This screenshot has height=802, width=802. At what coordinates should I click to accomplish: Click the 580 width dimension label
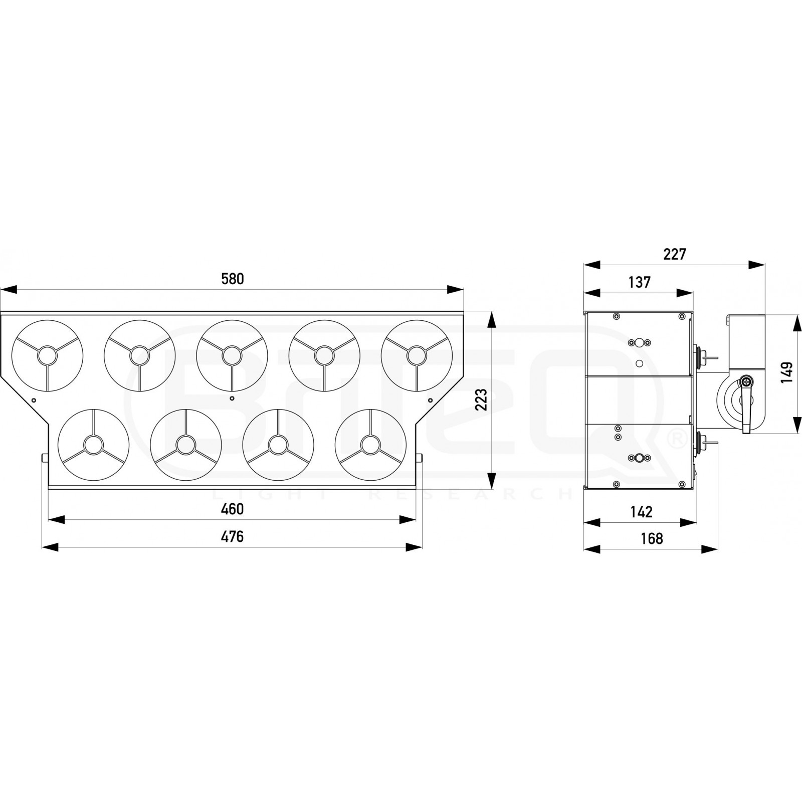click(233, 279)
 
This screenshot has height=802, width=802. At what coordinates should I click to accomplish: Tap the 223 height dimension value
click(481, 399)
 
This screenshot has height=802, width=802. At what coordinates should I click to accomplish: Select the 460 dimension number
click(233, 509)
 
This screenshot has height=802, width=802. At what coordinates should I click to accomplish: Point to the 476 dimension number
click(233, 536)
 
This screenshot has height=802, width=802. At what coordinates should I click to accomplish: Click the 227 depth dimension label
click(674, 255)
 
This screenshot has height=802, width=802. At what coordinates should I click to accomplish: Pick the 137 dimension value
click(639, 282)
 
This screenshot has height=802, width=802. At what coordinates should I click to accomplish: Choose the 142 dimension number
click(641, 512)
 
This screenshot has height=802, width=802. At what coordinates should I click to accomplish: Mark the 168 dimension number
click(652, 538)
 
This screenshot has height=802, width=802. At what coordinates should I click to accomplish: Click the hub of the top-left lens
click(48, 355)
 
